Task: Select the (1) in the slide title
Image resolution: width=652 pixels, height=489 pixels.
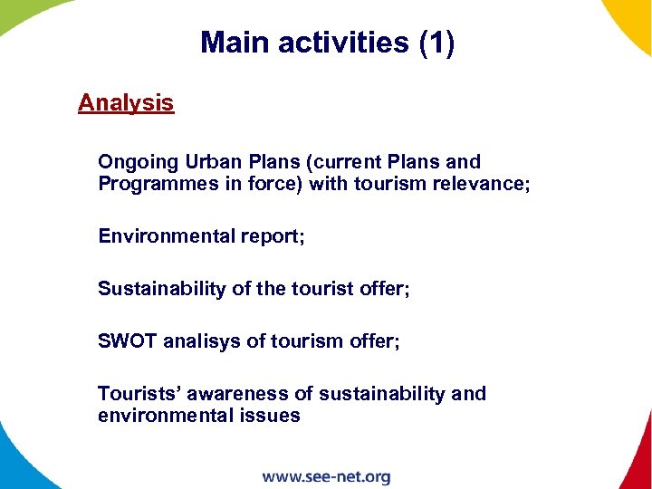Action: pos(436,43)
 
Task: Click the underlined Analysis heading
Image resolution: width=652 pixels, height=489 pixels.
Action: pos(126,103)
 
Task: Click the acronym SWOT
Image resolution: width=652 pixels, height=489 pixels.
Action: pos(127,341)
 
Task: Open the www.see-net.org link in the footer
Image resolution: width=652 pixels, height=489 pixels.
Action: pos(326,476)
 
